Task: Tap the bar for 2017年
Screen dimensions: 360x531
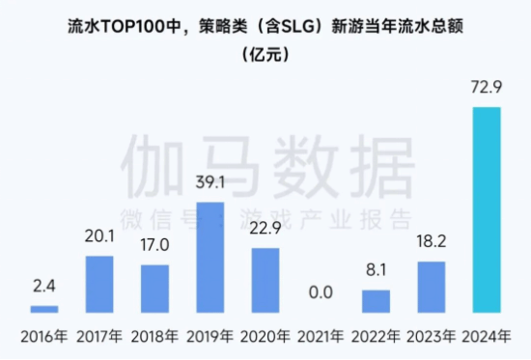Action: click(99, 284)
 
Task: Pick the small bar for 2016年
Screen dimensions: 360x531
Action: click(44, 309)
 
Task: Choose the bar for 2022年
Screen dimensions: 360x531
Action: click(376, 301)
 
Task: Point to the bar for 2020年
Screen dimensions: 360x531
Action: click(265, 280)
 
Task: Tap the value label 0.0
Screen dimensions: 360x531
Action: click(321, 299)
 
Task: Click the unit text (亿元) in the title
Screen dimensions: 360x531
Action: click(265, 55)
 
